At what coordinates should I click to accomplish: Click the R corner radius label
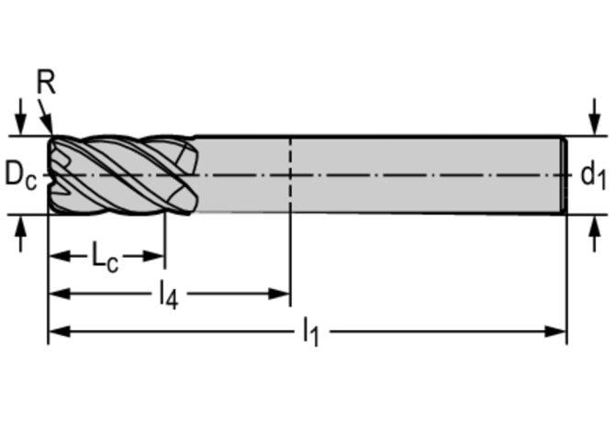(46, 84)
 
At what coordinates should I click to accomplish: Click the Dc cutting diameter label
(19, 174)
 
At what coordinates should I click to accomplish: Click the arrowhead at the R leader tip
(51, 131)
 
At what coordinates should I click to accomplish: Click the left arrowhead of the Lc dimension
(57, 256)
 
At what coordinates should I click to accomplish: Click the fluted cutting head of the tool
(119, 174)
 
